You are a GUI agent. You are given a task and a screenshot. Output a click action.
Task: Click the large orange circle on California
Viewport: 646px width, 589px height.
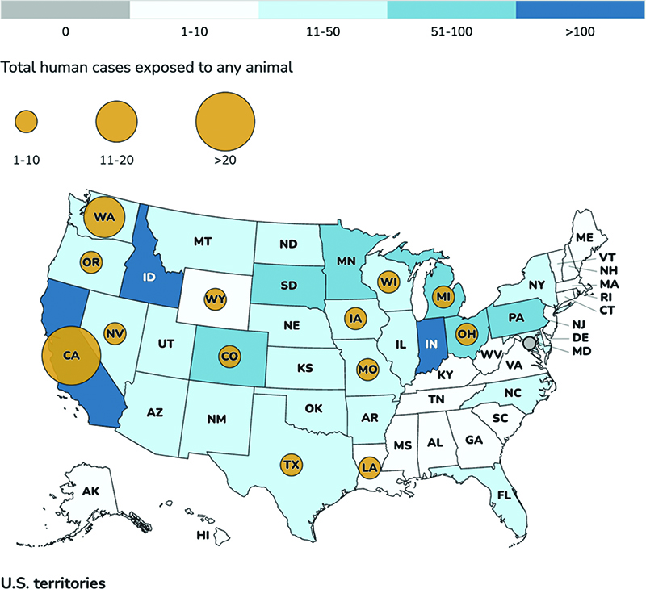tap(71, 356)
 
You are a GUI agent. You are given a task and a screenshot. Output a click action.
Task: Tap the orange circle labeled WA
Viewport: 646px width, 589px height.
tap(104, 217)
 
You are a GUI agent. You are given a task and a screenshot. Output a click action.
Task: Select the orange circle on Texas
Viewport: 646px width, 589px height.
tap(292, 465)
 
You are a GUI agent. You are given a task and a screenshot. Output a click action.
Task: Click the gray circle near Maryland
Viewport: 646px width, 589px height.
tap(530, 342)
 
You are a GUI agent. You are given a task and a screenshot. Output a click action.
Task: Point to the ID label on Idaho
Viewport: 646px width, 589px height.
tap(149, 277)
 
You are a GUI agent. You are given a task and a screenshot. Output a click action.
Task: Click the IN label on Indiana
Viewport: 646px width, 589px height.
tap(431, 344)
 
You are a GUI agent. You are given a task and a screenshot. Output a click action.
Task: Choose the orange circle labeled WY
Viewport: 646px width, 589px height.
tap(216, 299)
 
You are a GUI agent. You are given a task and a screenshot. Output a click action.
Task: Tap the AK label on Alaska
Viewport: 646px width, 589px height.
tap(90, 491)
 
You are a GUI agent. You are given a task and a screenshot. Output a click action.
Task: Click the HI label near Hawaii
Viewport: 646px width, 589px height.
tap(203, 535)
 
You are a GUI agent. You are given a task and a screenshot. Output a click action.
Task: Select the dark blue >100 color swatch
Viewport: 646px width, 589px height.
tap(581, 10)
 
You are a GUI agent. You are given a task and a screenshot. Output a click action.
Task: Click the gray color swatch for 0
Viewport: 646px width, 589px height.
tap(65, 10)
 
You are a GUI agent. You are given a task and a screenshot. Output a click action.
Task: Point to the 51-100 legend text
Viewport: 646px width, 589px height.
tap(451, 31)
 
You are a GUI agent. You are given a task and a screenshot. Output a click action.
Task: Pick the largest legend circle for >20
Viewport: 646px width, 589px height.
tap(225, 121)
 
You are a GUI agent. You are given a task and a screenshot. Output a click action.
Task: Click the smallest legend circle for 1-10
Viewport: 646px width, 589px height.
tap(27, 121)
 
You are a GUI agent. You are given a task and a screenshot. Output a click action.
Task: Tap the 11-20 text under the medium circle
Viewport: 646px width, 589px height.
tap(116, 160)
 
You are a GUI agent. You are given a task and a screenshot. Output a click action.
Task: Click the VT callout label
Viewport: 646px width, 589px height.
tap(607, 257)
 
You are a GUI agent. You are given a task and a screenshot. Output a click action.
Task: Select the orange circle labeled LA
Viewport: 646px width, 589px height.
tap(369, 467)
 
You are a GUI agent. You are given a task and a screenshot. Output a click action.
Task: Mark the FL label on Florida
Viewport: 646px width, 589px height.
tap(504, 495)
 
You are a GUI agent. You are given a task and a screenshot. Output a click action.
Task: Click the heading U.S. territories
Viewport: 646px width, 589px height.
tap(53, 583)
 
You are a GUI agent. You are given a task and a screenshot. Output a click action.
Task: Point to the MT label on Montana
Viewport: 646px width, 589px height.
tap(203, 241)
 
